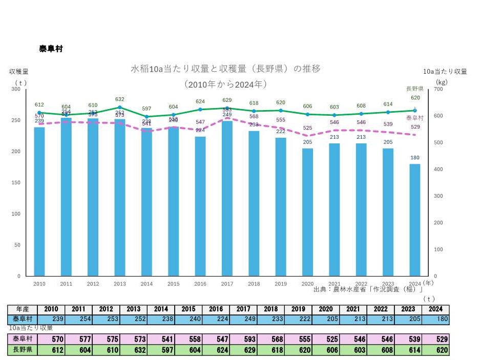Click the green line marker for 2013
tap(120, 108)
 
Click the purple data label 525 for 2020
tap(307, 128)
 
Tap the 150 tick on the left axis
tap(17, 183)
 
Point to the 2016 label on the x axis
tap(200, 284)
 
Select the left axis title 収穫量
tap(18, 72)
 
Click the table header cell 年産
tap(22, 309)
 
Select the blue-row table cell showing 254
tap(78, 319)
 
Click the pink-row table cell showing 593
tap(243, 339)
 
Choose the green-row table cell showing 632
tap(133, 350)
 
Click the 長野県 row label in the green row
tap(22, 350)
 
